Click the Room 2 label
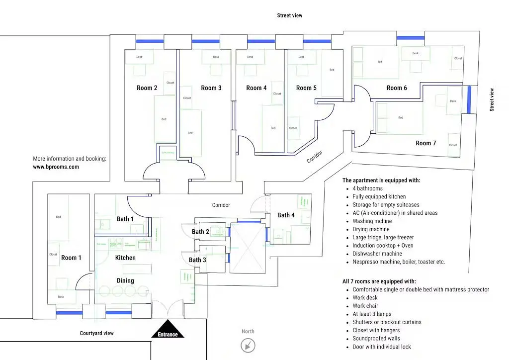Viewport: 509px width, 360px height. [x=147, y=88]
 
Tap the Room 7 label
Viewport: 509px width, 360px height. [x=426, y=143]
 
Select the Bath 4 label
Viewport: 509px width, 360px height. [x=286, y=215]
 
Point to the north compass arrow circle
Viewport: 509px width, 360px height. [x=248, y=345]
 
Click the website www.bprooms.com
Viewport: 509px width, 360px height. [x=56, y=167]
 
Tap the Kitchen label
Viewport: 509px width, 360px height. [x=125, y=258]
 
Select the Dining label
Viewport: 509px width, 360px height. [x=125, y=280]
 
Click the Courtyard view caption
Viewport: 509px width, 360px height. [x=97, y=333]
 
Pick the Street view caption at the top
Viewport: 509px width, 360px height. [x=290, y=15]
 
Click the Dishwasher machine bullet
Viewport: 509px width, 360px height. [x=377, y=254]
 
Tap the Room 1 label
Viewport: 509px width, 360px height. [x=71, y=258]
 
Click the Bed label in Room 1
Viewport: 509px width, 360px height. [x=58, y=217]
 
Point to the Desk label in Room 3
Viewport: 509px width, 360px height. [x=216, y=57]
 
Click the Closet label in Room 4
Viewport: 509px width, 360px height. [x=277, y=93]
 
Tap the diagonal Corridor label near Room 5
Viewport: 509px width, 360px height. [x=315, y=157]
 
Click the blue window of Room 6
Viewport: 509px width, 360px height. [x=410, y=37]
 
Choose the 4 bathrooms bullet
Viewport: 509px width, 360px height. [x=368, y=188]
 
